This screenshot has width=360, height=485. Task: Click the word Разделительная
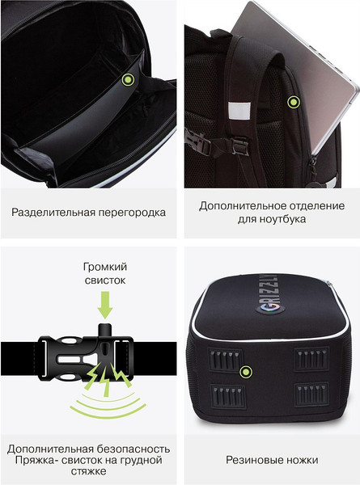[53, 213]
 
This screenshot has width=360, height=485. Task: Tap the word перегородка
[132, 213]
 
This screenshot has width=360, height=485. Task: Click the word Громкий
[105, 267]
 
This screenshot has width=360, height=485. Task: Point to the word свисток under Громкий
[105, 280]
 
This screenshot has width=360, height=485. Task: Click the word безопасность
[133, 449]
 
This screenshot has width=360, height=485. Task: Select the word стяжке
[88, 471]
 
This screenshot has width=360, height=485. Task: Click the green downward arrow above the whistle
[105, 305]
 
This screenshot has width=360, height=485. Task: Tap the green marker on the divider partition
[128, 80]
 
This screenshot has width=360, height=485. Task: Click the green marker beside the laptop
[294, 102]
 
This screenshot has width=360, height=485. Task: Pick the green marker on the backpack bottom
[246, 372]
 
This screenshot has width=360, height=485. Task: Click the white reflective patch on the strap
[239, 109]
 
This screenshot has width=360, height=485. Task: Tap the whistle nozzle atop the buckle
[105, 330]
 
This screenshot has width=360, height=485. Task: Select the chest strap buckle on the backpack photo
[216, 144]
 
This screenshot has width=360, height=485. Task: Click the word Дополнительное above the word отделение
[243, 205]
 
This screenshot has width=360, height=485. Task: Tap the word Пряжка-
[36, 460]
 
